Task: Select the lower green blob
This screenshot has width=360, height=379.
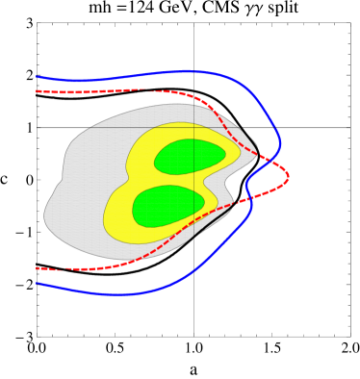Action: coord(167,205)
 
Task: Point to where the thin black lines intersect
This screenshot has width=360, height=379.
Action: coord(193,127)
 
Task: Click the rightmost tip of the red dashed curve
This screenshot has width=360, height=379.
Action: coord(288,176)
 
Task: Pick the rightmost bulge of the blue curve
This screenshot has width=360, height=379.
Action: coord(280,144)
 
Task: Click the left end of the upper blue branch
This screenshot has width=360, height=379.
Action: coord(38,77)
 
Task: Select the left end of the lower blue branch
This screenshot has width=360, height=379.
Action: coord(38,284)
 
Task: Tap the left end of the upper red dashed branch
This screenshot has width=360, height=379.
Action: coord(38,91)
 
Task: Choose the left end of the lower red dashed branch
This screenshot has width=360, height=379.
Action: coord(38,268)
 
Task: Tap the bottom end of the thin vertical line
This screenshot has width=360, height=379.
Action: coord(193,237)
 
